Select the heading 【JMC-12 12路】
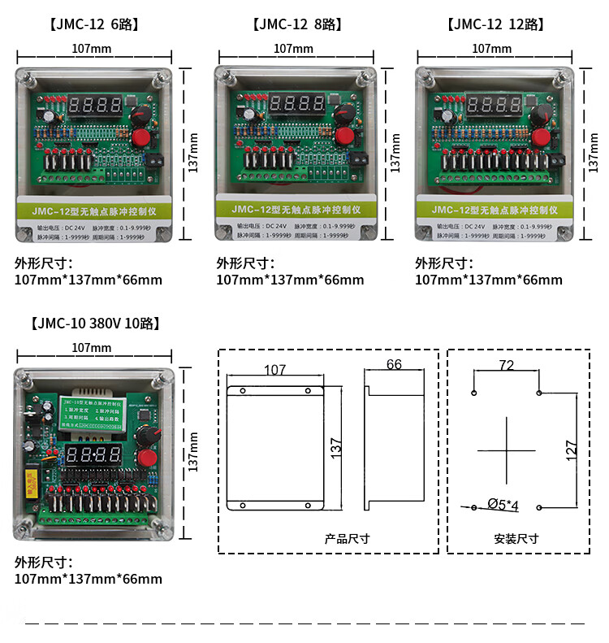[495, 24]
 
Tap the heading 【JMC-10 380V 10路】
[95, 324]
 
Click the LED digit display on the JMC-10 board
[97, 454]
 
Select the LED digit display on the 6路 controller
[94, 106]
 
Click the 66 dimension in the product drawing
[394, 365]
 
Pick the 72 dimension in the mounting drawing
[506, 366]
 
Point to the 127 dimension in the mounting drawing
[571, 448]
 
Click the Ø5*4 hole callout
[503, 506]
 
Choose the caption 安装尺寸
[516, 539]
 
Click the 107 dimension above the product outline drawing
[275, 371]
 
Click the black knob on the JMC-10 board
[147, 438]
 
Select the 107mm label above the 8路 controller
[293, 49]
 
